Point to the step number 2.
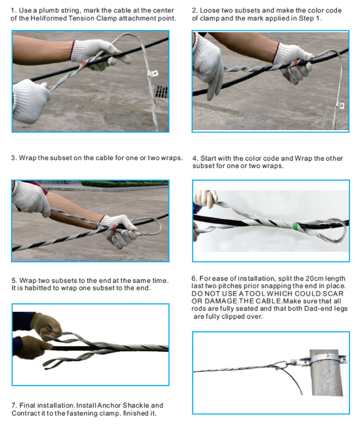194,10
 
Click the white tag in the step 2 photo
341,106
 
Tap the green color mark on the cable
293,223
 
